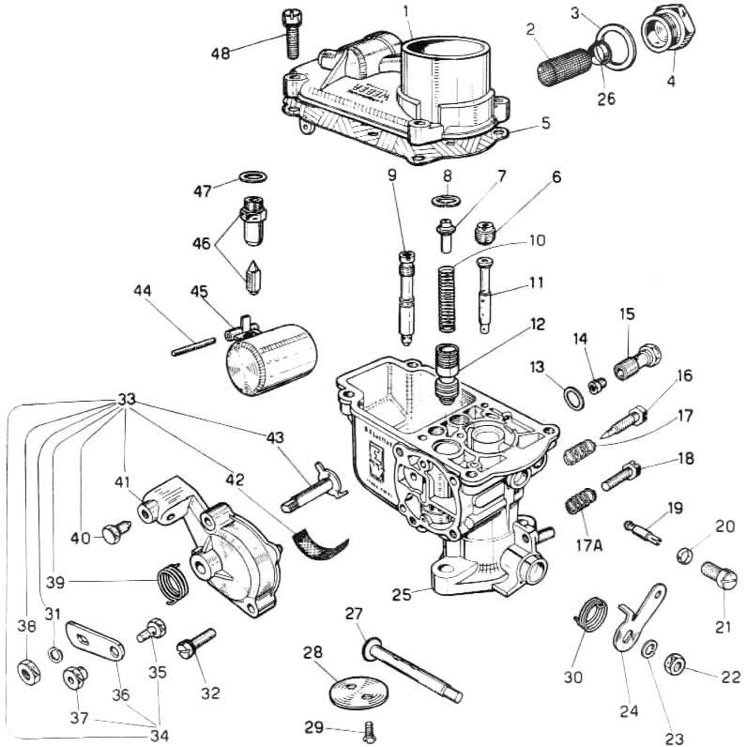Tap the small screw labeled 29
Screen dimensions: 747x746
pyautogui.click(x=369, y=728)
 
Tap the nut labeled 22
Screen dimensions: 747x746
pyautogui.click(x=673, y=665)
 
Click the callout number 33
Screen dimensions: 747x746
pyautogui.click(x=128, y=398)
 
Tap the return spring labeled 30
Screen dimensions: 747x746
pyautogui.click(x=591, y=614)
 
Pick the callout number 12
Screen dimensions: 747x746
pyautogui.click(x=536, y=325)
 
